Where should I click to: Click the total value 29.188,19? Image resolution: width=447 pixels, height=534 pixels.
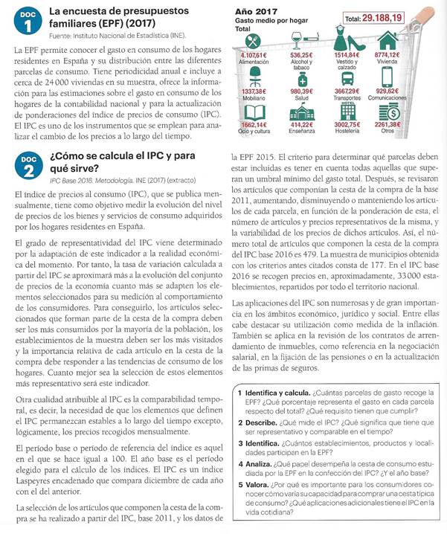click(393, 17)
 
